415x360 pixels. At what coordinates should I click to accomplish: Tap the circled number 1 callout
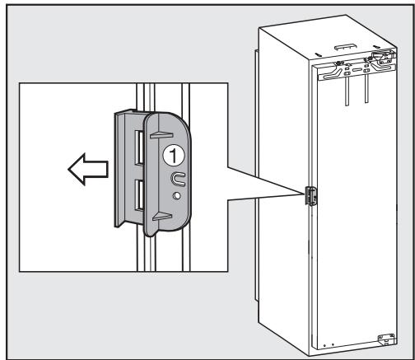pos(171,153)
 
